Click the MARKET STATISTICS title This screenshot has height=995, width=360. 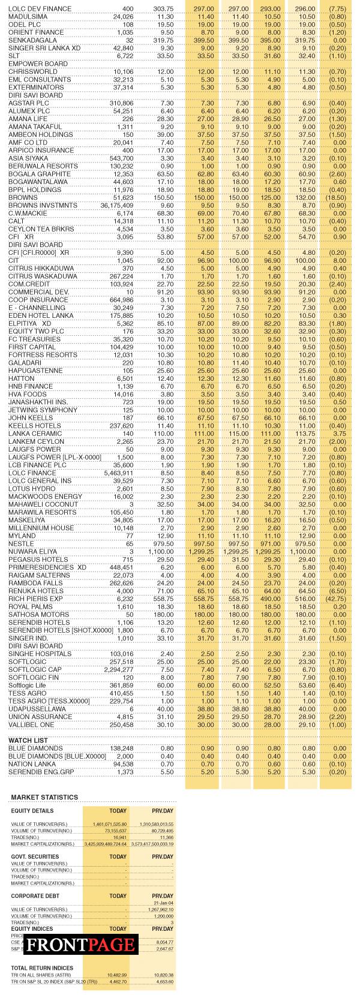44,797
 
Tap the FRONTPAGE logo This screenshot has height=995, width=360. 81,945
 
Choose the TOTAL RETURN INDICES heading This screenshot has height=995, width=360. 42,968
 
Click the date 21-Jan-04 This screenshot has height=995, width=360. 163,903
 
